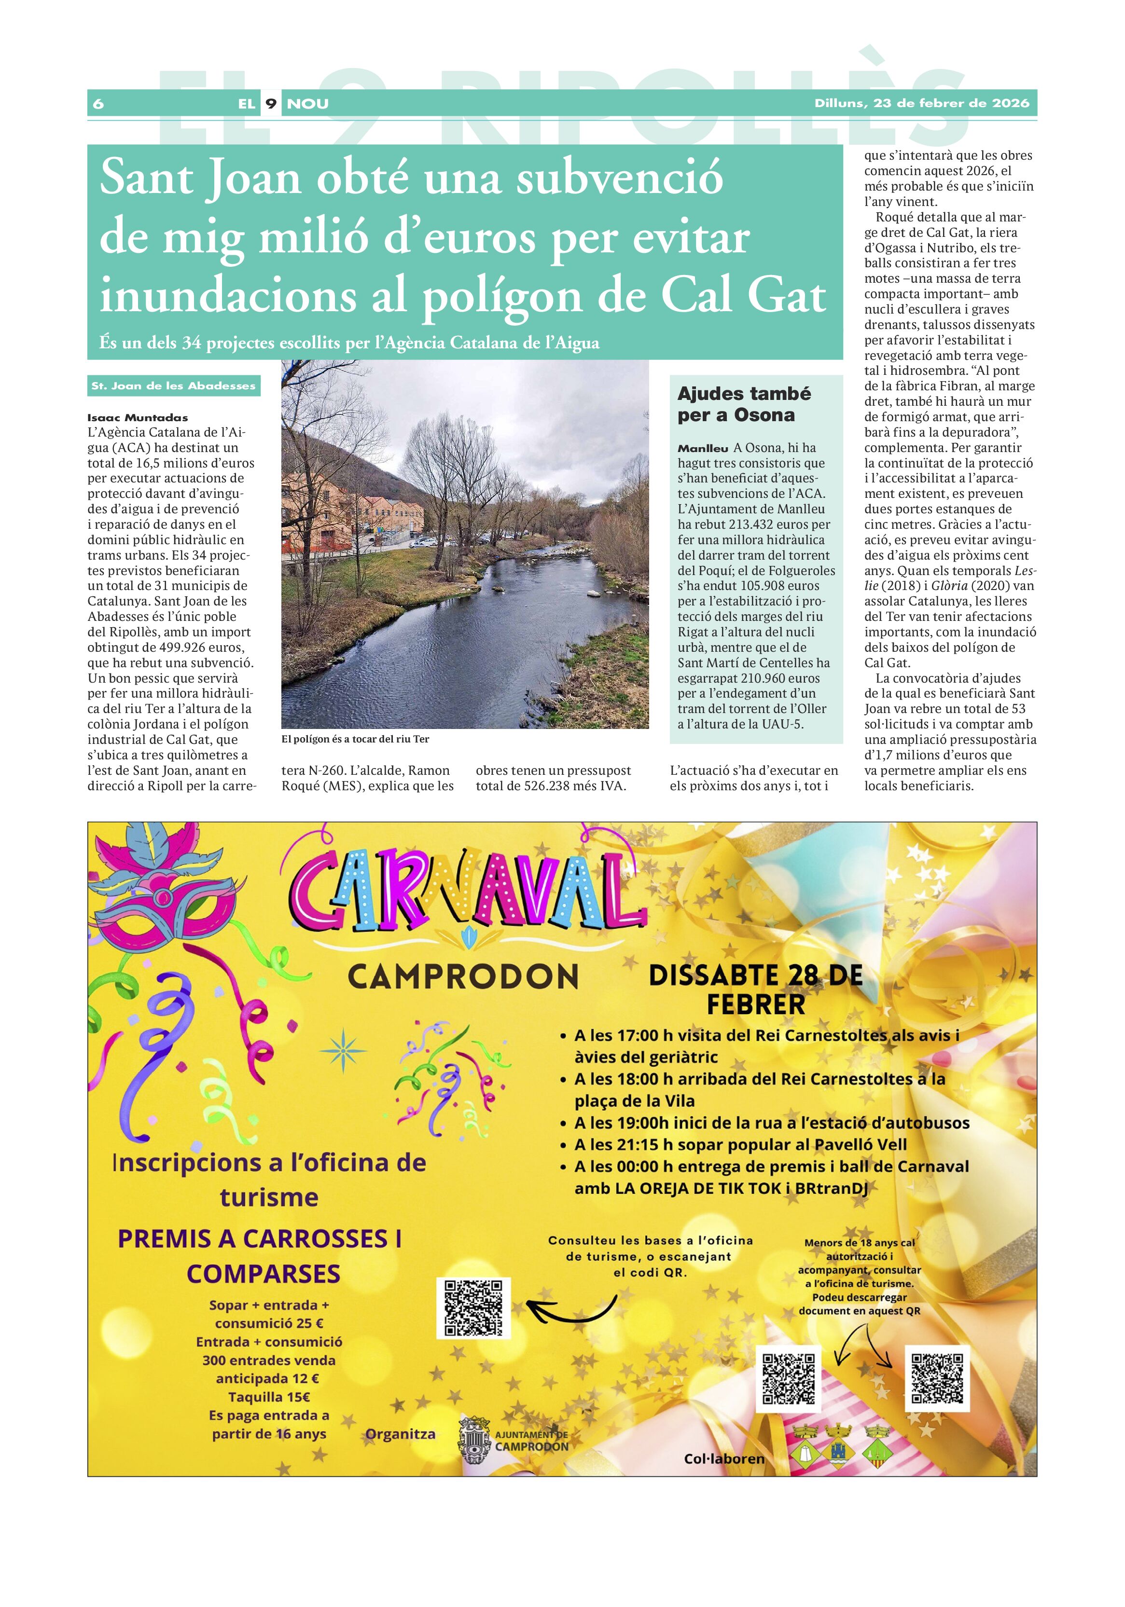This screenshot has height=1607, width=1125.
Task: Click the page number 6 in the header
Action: click(x=98, y=104)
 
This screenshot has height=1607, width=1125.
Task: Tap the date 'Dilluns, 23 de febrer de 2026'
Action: click(x=921, y=103)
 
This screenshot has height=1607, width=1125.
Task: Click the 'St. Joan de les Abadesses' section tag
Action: click(x=174, y=385)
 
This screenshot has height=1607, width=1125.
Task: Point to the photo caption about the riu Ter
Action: click(x=355, y=739)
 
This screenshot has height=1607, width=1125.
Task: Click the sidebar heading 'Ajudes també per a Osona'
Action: click(x=744, y=404)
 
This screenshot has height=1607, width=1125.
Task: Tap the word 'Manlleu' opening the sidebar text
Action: click(x=703, y=448)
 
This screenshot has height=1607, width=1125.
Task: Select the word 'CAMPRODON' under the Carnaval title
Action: click(x=463, y=976)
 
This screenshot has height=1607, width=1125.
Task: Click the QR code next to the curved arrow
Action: click(x=473, y=1307)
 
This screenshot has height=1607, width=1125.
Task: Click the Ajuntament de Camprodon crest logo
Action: click(x=474, y=1441)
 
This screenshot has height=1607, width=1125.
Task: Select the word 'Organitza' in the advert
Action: click(x=401, y=1434)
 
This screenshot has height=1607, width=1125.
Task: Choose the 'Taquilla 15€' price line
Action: click(x=269, y=1397)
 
